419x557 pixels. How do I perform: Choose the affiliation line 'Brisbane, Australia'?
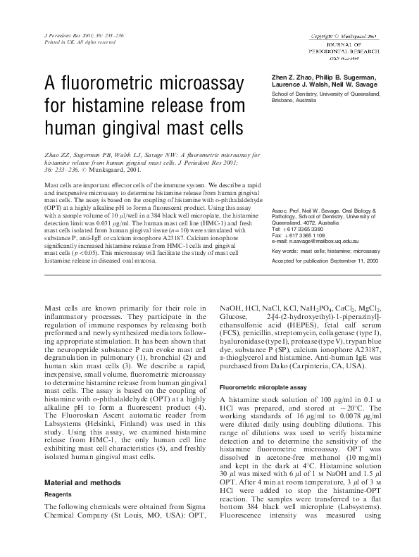click(294, 101)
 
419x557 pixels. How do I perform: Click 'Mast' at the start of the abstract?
click(52, 183)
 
